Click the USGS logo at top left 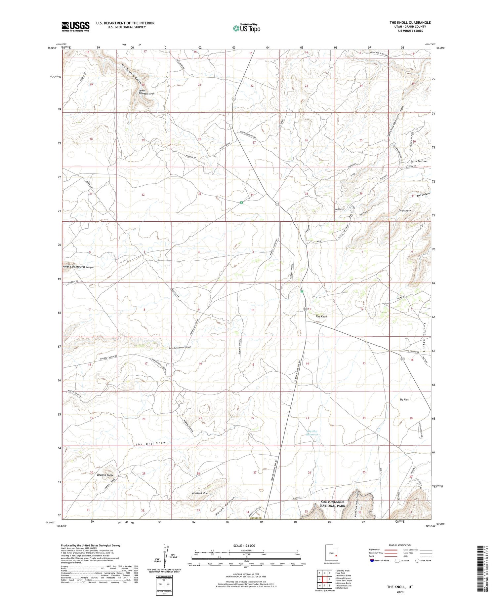(75, 26)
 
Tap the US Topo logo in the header (246, 28)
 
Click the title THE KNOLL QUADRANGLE (410, 22)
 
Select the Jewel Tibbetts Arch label (146, 92)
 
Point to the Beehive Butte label (105, 475)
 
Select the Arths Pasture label (418, 161)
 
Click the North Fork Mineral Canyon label (78, 267)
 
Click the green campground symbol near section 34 (242, 202)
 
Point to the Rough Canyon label (224, 505)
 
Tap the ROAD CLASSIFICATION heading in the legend (400, 545)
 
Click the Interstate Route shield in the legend (372, 561)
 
